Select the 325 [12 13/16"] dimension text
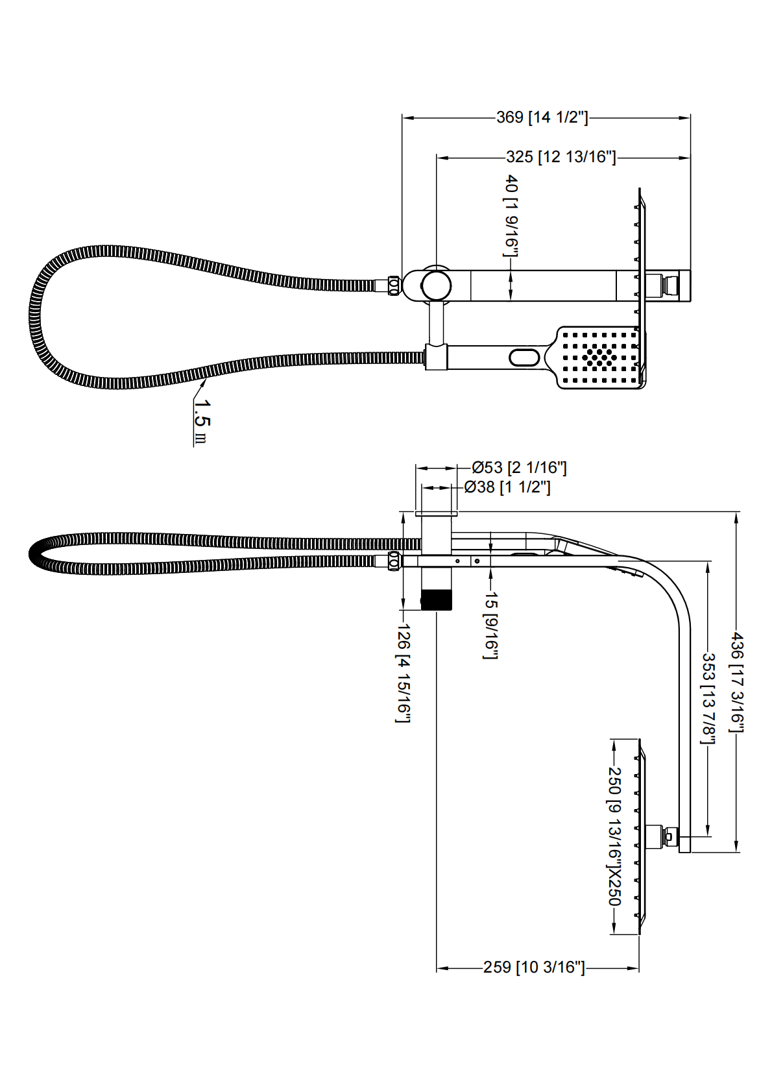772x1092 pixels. coord(561,157)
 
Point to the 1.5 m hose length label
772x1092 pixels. coord(202,420)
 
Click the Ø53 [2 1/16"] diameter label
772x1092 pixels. coord(519,467)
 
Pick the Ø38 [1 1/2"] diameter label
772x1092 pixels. coord(507,487)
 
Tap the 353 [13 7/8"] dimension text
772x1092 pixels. coord(708,698)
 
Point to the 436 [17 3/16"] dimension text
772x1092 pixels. coord(738,681)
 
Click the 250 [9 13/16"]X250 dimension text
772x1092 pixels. coord(614,836)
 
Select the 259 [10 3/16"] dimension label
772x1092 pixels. coord(534,967)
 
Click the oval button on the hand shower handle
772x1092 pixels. coord(524,358)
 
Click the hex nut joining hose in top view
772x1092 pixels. coord(393,285)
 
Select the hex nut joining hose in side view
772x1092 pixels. coord(394,561)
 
